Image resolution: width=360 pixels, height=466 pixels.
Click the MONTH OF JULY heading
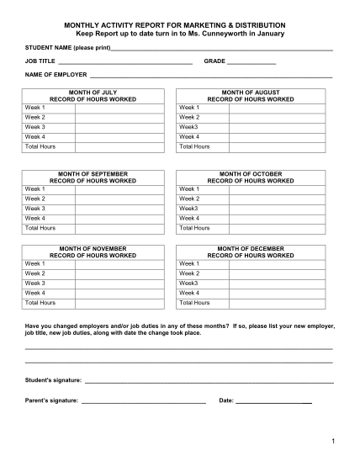[93, 92]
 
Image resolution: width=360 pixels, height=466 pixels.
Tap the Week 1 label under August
[188, 108]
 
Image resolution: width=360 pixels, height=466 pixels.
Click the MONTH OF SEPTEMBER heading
[93, 173]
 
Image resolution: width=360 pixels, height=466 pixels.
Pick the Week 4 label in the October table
[188, 218]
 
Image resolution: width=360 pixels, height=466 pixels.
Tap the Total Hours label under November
[40, 302]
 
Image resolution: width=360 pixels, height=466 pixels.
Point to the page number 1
[333, 441]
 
